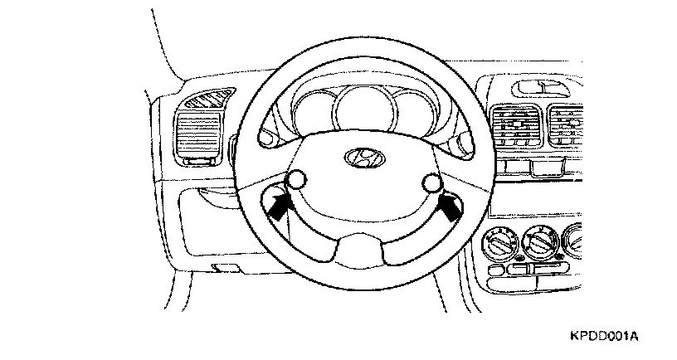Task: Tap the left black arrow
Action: (x=280, y=205)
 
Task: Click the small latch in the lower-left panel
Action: (x=222, y=266)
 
